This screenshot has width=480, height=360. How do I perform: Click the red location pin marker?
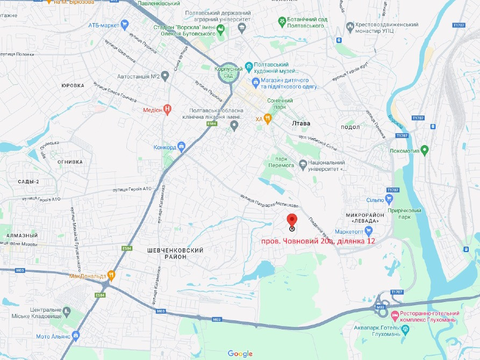click(292, 220)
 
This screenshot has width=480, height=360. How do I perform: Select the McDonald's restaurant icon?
click(111, 276)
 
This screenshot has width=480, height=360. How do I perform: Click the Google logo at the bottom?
click(240, 353)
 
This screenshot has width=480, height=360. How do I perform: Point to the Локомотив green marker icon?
click(425, 149)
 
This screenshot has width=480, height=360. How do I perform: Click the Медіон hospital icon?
click(168, 109)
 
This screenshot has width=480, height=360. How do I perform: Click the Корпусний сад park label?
click(227, 73)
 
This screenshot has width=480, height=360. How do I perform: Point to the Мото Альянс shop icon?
click(76, 336)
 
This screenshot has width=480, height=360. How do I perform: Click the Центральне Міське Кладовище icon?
click(67, 312)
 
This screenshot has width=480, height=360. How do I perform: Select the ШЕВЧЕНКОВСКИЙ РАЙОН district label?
click(175, 254)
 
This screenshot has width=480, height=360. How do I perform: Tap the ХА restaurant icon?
click(268, 118)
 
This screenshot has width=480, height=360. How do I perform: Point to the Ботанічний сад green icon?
click(282, 21)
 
